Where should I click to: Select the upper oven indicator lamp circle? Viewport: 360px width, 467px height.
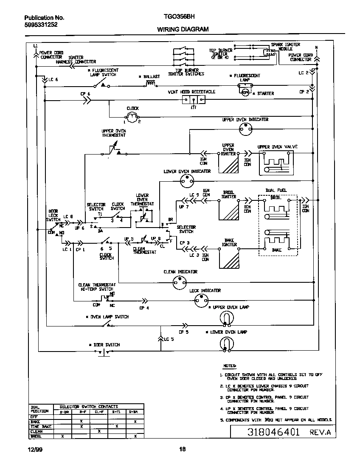pyautogui.click(x=245, y=130)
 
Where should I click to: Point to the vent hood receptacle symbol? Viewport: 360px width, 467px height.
pyautogui.click(x=194, y=100)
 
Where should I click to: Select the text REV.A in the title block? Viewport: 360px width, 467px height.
pyautogui.click(x=319, y=433)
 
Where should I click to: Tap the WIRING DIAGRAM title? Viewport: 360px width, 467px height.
pyautogui.click(x=183, y=29)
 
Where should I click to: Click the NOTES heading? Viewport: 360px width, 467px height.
pyautogui.click(x=230, y=366)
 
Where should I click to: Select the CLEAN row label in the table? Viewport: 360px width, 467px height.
pyautogui.click(x=37, y=431)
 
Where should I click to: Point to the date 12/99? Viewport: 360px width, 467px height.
pyautogui.click(x=30, y=449)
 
